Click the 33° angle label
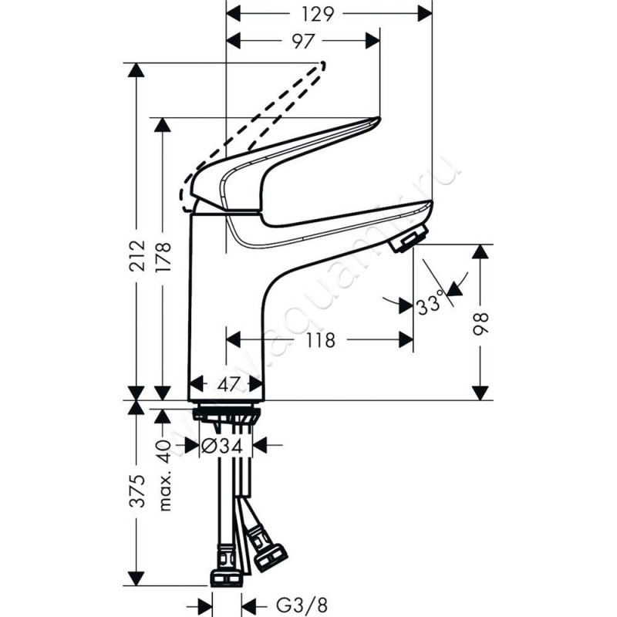click(430, 305)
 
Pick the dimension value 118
click(319, 339)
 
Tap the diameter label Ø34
click(227, 445)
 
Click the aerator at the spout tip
click(409, 240)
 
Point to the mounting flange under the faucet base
click(228, 413)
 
